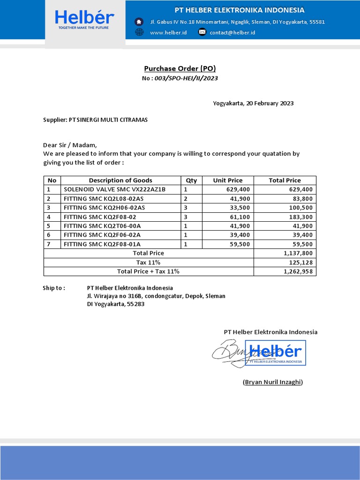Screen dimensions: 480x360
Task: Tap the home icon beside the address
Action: point(139,22)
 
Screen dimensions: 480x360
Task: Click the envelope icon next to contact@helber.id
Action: point(202,32)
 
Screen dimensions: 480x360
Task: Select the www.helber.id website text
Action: point(168,32)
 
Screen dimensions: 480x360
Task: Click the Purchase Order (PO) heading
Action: point(180,68)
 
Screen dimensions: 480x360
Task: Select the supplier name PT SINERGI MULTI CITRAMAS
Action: point(108,120)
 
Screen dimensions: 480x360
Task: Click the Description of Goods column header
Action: point(120,180)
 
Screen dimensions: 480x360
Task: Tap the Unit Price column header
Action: point(228,180)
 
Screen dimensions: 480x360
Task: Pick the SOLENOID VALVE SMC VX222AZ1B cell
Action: point(115,189)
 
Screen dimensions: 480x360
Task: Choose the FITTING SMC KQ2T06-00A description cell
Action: point(102,226)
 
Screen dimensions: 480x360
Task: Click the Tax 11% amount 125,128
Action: point(298,262)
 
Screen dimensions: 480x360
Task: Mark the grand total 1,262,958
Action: point(298,271)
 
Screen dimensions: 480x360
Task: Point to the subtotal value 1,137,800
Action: point(298,253)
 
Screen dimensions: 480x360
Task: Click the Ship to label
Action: point(54,288)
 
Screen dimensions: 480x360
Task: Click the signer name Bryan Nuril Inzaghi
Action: point(273,382)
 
